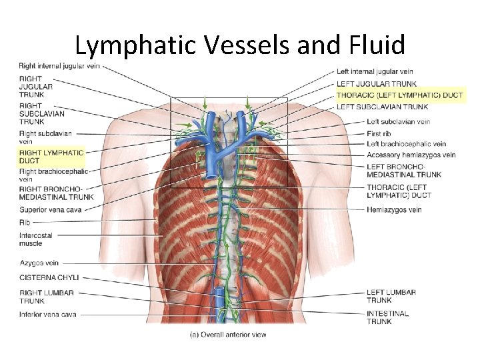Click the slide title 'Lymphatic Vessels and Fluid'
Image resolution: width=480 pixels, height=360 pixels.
click(240, 45)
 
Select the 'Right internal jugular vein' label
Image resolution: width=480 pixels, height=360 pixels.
click(59, 66)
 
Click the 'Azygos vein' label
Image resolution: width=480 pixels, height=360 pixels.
click(39, 263)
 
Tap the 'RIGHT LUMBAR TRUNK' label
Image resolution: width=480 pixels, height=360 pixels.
click(47, 297)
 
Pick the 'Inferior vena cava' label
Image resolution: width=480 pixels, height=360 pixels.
click(47, 315)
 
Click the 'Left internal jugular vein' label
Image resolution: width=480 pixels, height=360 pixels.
click(375, 72)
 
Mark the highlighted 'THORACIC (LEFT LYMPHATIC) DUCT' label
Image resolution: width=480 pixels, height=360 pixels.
click(399, 95)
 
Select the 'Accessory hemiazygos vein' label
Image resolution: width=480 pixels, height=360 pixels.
click(411, 155)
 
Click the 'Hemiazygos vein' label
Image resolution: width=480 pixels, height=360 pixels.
click(394, 210)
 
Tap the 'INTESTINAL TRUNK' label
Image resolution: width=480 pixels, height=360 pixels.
click(387, 317)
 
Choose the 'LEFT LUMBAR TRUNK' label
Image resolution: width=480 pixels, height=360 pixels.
click(391, 296)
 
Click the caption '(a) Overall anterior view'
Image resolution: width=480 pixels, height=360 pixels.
click(227, 334)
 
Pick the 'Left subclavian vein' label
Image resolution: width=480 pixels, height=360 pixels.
click(398, 122)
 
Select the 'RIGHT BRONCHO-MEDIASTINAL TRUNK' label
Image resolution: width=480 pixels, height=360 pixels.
click(56, 193)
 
